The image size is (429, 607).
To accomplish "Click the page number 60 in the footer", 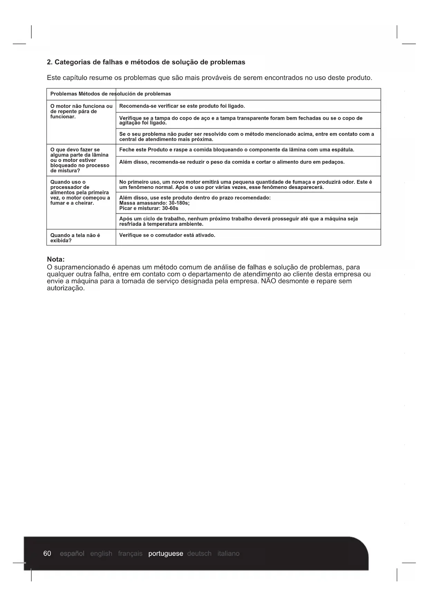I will [47, 553].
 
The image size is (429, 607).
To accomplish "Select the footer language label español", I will [72, 553].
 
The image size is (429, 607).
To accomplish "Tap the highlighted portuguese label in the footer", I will [166, 553].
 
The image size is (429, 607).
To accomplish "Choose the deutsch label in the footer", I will [199, 553].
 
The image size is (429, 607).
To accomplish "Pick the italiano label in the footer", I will [229, 553].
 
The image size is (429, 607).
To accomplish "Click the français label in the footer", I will [130, 553].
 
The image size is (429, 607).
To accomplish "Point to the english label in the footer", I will [101, 553].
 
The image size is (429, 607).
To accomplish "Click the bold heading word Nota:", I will [56, 259].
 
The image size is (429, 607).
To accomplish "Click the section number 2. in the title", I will [49, 62].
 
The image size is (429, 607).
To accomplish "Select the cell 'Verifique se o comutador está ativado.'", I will [167, 235].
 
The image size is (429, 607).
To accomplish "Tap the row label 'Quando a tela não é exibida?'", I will [75, 238].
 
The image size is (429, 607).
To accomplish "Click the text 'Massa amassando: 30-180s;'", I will [154, 203].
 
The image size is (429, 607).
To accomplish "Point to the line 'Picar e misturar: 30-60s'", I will [149, 208].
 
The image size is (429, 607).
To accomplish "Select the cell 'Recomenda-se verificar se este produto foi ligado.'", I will [182, 106].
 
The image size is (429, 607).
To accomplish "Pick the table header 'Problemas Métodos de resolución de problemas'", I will [111, 94].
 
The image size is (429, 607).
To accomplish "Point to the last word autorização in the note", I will [65, 288].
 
